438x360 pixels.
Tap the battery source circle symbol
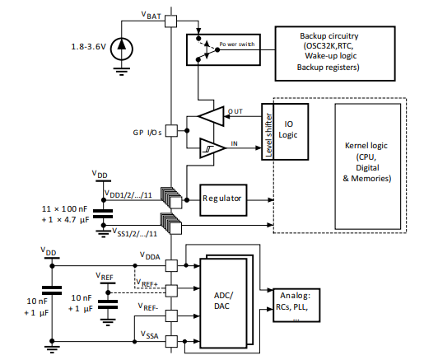[122, 46]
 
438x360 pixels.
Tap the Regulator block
[226, 199]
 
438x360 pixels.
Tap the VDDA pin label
[150, 256]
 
